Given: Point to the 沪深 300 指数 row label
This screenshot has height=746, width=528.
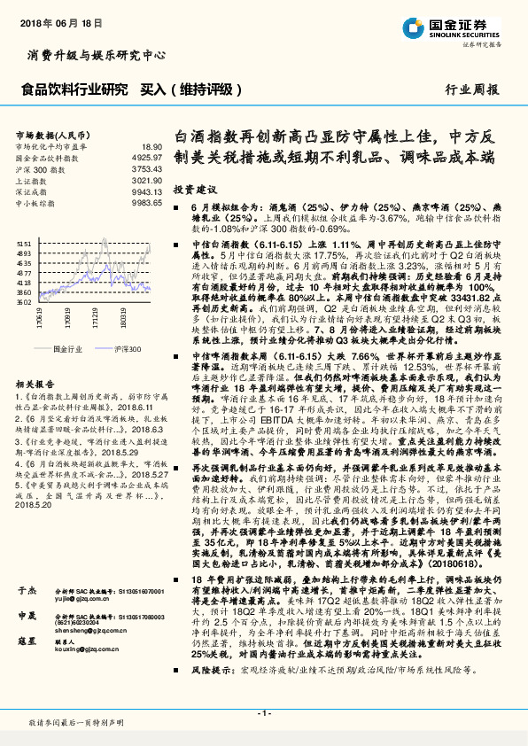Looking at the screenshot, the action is (38, 168).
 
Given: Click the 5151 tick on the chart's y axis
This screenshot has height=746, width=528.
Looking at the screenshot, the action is (24, 242).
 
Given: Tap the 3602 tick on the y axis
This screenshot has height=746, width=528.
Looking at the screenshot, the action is (24, 302).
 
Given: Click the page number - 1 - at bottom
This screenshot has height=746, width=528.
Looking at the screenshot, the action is (263, 712).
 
